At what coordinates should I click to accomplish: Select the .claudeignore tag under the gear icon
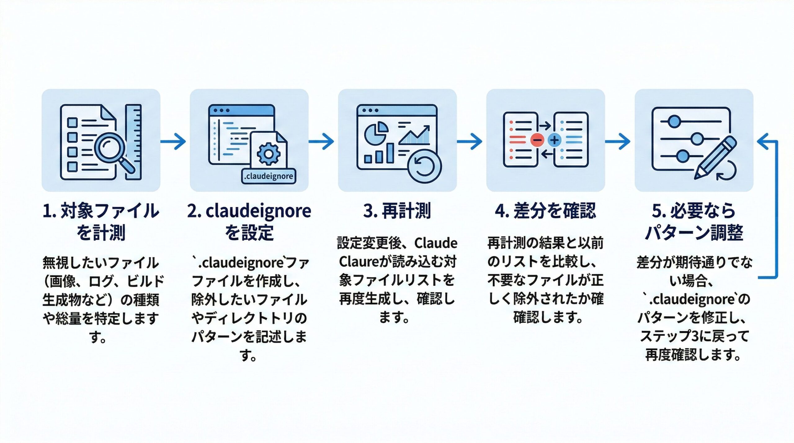(x=269, y=176)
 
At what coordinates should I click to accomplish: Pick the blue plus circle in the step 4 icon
(x=555, y=140)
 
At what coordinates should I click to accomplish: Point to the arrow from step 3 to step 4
(x=470, y=142)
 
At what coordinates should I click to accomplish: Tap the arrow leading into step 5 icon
(x=618, y=142)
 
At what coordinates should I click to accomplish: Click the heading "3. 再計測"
(x=397, y=211)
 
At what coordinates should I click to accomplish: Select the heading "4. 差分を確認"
(x=546, y=211)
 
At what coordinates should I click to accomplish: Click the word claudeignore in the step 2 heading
(x=258, y=211)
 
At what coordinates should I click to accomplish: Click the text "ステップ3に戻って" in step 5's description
(x=694, y=336)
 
